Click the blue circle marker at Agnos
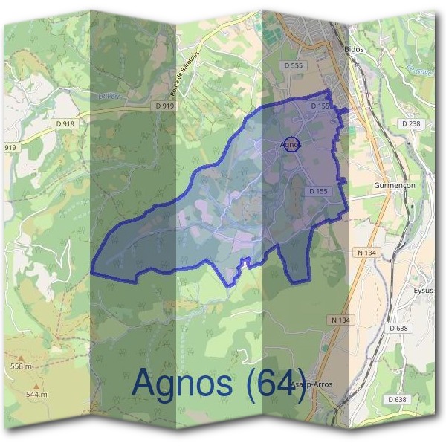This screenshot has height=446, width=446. (x=292, y=145)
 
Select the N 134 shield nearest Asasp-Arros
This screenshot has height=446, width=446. (x=338, y=320)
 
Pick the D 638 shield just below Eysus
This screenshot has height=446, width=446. (x=398, y=329)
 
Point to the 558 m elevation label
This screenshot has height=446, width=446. (x=22, y=366)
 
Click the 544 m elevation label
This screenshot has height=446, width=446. (x=36, y=394)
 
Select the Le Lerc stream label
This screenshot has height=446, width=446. (x=108, y=95)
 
